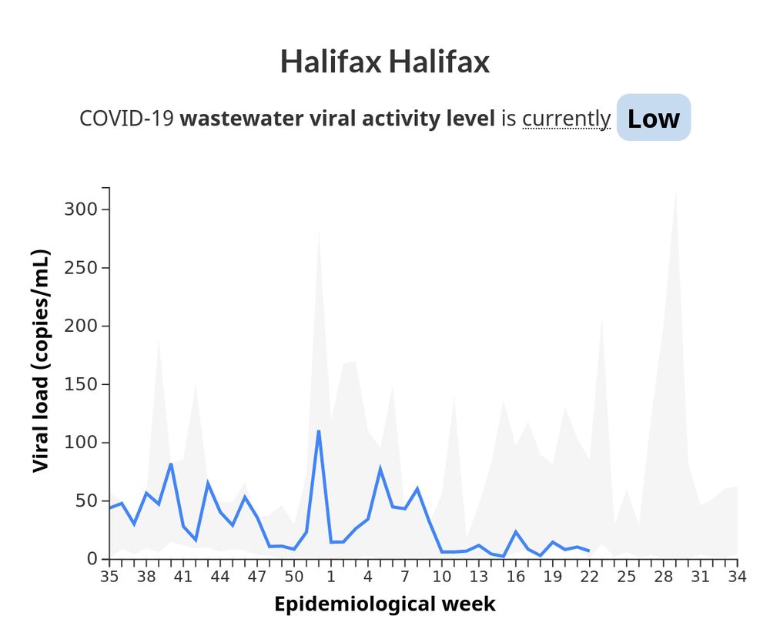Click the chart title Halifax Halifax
[384, 62]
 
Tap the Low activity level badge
[653, 118]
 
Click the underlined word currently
[566, 119]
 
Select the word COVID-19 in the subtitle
[127, 119]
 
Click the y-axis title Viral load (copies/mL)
[41, 361]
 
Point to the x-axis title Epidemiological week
[384, 604]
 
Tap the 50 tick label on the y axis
[85, 500]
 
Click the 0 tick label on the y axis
[92, 559]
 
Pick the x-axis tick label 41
[182, 576]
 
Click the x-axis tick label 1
[330, 576]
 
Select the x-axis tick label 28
[663, 576]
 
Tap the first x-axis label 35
[109, 576]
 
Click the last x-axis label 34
[737, 576]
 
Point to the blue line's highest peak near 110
[318, 430]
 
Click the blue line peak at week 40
[171, 464]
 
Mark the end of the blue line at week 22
[589, 551]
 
